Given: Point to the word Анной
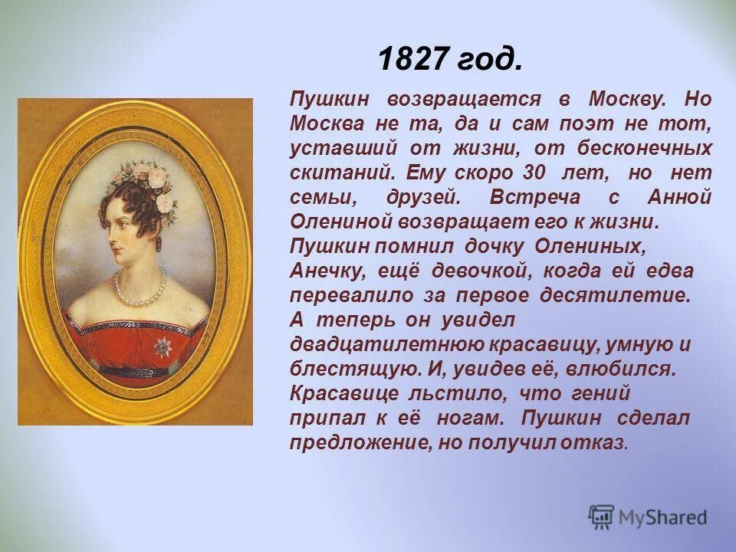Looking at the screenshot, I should pos(678,197).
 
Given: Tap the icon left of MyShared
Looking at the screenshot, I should pos(603,517).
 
